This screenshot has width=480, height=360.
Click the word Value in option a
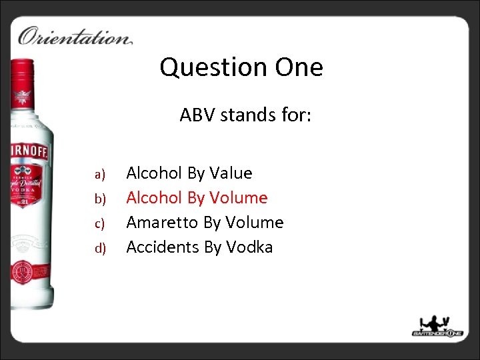coord(231,173)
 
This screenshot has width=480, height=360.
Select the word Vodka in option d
coord(249,247)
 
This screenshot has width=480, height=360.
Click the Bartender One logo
coord(437,326)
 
